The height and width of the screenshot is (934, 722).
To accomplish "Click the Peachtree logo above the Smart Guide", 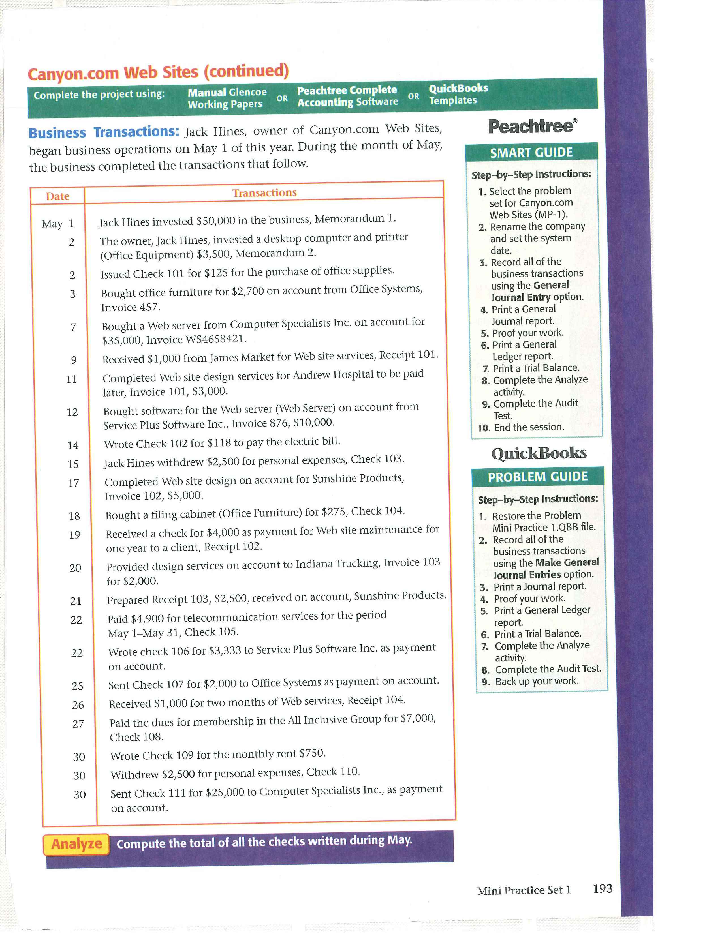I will (532, 127).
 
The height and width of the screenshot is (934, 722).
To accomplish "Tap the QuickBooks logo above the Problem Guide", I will (539, 453).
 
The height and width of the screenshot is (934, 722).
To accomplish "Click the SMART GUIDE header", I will (531, 153).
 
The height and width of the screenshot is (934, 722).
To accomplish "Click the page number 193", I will (602, 889).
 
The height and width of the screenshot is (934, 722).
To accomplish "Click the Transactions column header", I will (264, 193).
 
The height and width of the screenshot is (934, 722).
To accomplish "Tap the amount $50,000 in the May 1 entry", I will (215, 221).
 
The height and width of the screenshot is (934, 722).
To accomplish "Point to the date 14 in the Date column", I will (73, 445).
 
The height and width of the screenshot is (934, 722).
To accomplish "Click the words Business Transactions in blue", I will (104, 132).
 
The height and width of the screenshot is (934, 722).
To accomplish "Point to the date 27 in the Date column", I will (78, 724).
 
